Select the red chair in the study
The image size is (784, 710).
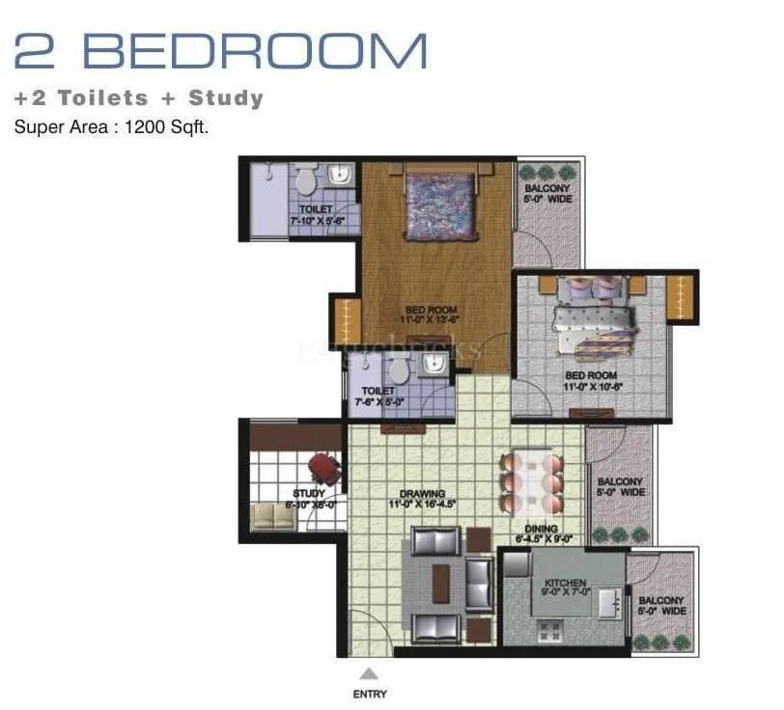tap(323, 470)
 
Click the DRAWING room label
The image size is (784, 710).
tap(422, 499)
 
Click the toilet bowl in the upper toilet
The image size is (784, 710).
tap(306, 179)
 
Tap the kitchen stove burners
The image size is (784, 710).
tap(550, 633)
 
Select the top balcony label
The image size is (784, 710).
tap(547, 193)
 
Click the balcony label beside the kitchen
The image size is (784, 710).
tap(661, 606)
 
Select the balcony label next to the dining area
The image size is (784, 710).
tap(620, 487)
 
